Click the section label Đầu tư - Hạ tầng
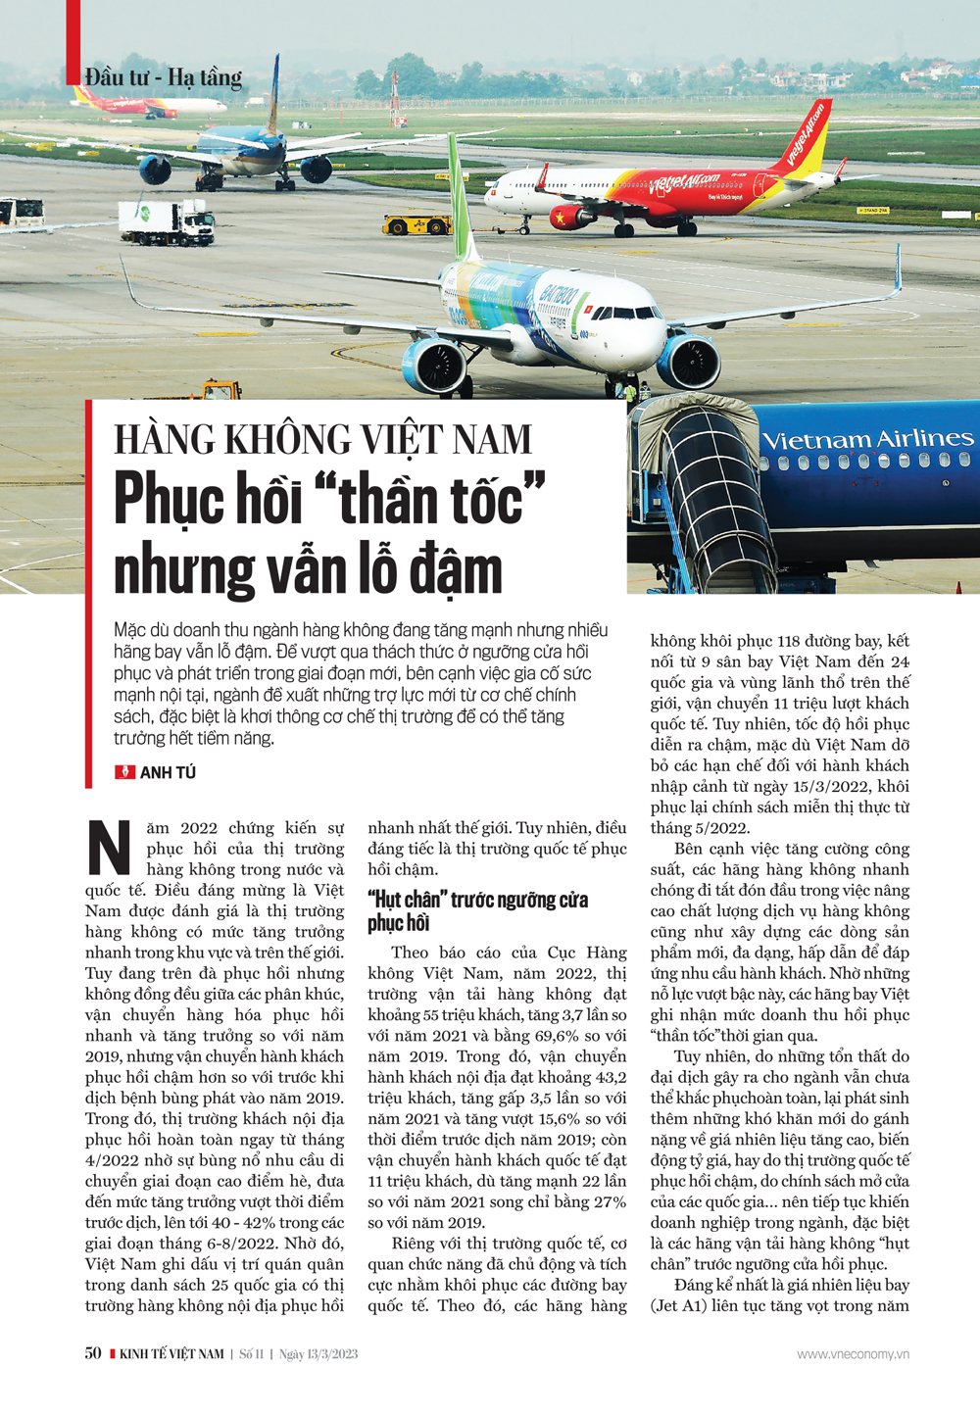163,77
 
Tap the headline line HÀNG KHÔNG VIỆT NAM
322,440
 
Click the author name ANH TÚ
168,773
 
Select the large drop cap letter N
109,848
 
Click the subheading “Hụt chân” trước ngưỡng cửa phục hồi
477,910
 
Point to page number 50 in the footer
93,1353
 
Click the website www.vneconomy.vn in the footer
853,1354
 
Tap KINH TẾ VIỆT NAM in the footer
171,1354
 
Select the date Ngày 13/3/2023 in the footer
318,1354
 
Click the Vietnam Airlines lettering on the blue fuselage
867,440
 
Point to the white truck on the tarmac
167,222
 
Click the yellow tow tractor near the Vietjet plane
417,225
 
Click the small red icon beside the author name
124,772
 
